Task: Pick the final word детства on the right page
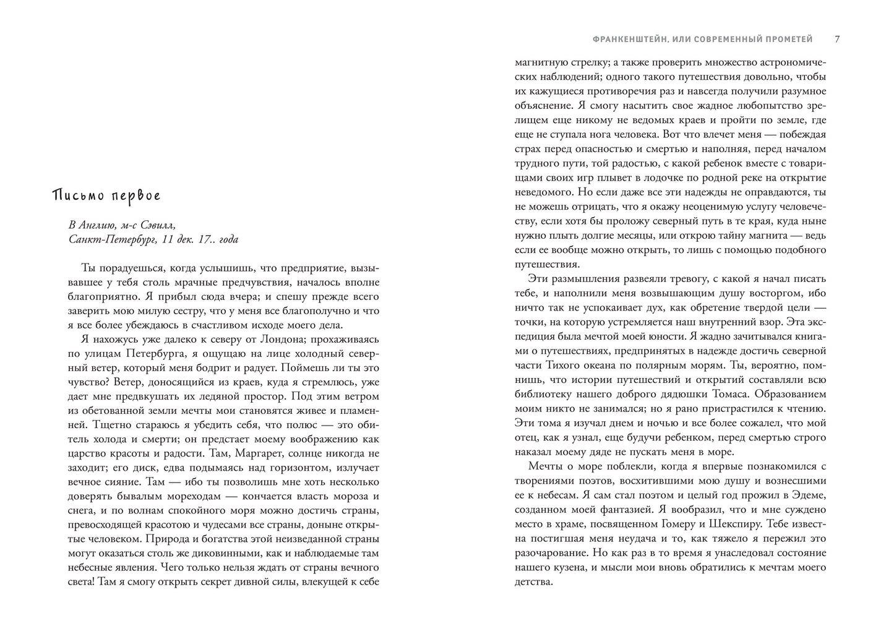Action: pyautogui.click(x=533, y=581)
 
